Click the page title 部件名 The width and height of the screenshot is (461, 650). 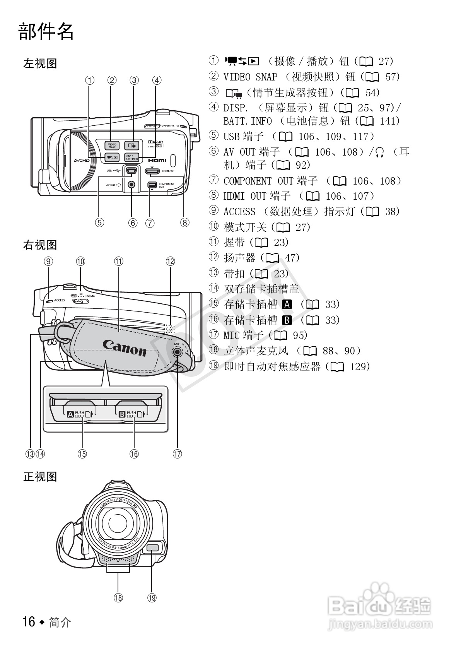tap(46, 31)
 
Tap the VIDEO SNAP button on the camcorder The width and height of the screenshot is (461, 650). tap(112, 145)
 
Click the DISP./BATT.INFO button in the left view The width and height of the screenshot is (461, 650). tap(131, 157)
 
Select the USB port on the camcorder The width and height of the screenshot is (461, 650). tap(131, 170)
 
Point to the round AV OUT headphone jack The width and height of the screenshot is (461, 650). tap(132, 185)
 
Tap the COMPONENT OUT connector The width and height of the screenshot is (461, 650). tap(152, 185)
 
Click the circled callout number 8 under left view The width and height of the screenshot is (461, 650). tap(184, 222)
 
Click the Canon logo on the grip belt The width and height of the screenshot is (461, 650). tap(125, 347)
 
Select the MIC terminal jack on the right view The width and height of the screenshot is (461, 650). tap(177, 352)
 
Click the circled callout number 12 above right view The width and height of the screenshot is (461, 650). tap(170, 261)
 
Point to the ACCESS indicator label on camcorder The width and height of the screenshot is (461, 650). tap(59, 300)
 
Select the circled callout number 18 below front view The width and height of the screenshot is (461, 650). tap(118, 598)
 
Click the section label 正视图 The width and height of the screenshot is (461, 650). tap(40, 477)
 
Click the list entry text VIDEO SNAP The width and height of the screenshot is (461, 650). tap(250, 77)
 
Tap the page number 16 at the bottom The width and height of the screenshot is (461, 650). tap(29, 622)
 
